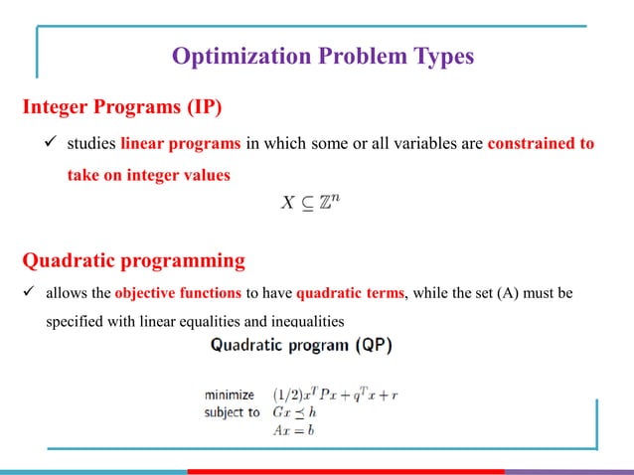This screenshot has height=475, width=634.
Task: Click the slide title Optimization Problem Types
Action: [x=322, y=57]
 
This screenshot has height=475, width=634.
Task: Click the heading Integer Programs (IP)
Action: [x=115, y=106]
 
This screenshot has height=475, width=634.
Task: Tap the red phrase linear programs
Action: [x=181, y=143]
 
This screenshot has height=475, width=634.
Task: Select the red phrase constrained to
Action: [x=541, y=143]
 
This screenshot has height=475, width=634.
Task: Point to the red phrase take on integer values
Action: [x=148, y=176]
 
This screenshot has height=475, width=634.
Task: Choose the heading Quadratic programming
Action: [x=133, y=262]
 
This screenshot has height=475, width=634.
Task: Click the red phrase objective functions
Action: [x=176, y=293]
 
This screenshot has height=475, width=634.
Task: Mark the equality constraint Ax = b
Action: [x=295, y=429]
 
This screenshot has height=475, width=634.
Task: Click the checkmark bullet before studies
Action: [x=45, y=143]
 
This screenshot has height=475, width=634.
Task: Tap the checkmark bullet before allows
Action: [x=28, y=293]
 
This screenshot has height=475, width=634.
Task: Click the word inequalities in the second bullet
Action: [x=294, y=322]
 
